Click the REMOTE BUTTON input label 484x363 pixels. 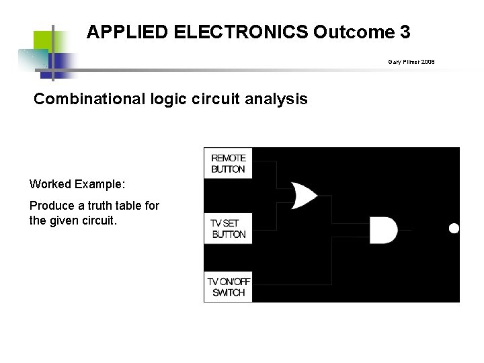click(x=229, y=164)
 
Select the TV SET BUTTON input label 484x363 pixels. click(x=229, y=229)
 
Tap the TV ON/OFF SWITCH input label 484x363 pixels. click(x=229, y=287)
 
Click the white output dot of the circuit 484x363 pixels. click(x=454, y=229)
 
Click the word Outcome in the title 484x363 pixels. click(x=354, y=32)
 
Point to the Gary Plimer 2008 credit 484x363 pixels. click(x=411, y=62)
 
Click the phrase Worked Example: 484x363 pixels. click(x=77, y=184)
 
